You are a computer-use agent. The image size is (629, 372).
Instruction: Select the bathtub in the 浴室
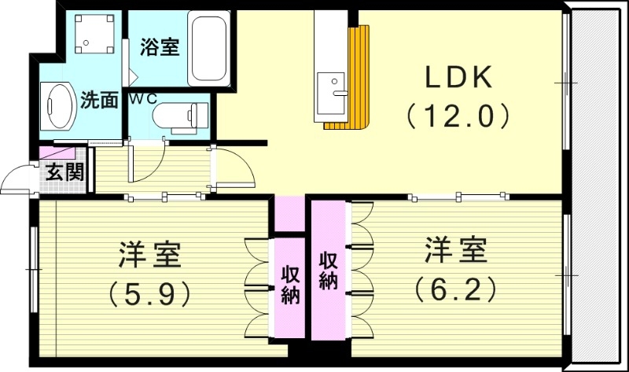tap(208, 52)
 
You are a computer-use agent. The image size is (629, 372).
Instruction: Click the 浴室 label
tap(160, 47)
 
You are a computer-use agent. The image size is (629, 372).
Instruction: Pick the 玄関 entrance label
tap(64, 172)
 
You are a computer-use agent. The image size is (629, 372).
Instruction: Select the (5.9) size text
tap(149, 293)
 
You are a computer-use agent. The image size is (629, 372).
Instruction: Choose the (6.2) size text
tap(456, 289)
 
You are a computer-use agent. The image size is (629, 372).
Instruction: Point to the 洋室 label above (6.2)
tap(456, 251)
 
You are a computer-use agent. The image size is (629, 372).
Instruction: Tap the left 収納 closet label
tap(290, 285)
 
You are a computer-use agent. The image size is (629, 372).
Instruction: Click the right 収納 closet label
tap(328, 270)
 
